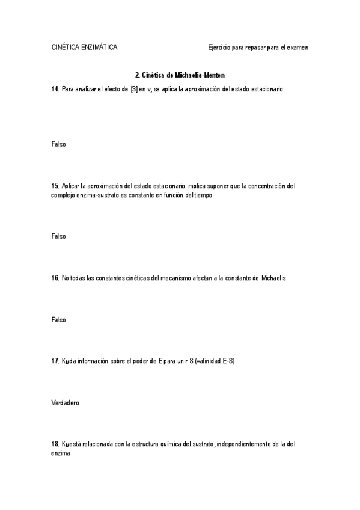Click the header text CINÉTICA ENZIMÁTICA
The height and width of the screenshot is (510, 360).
[84, 47]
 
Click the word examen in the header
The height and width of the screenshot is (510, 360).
[296, 47]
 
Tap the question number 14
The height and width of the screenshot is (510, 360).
[55, 89]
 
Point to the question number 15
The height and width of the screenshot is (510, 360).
[55, 186]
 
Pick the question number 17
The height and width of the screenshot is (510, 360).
[55, 361]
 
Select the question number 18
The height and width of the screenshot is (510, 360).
[55, 444]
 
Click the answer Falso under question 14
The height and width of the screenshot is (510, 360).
[58, 144]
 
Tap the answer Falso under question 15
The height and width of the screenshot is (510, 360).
[58, 236]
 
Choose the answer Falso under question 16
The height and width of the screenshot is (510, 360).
[58, 319]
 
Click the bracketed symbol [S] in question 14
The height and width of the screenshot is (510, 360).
[134, 89]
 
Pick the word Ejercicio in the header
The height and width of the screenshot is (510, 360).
[221, 47]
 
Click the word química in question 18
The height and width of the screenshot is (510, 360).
[152, 444]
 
